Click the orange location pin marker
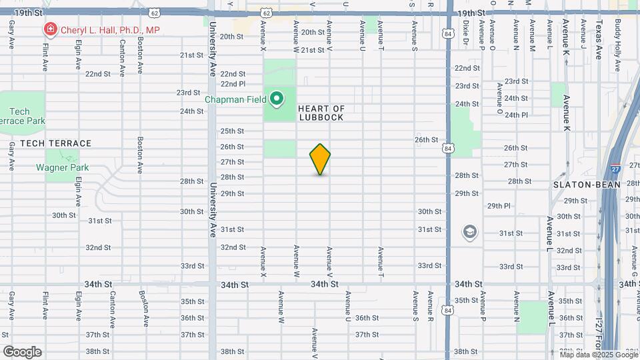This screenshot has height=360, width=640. click(x=320, y=159)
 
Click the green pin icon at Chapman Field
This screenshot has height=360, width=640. click(x=277, y=100)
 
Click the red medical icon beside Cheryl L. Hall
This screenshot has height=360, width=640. click(x=49, y=29)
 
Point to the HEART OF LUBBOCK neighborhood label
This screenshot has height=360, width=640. click(x=321, y=113)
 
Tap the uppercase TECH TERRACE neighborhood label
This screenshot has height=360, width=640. click(x=55, y=143)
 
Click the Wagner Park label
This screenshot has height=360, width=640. click(x=62, y=168)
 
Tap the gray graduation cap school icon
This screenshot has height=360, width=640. click(x=470, y=231)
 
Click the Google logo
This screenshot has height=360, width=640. click(x=22, y=351)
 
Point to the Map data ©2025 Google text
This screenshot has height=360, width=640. click(x=595, y=353)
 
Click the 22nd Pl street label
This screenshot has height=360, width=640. click(x=233, y=84)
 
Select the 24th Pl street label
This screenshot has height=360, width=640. click(x=516, y=115)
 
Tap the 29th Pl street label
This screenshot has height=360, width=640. click(x=499, y=206)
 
